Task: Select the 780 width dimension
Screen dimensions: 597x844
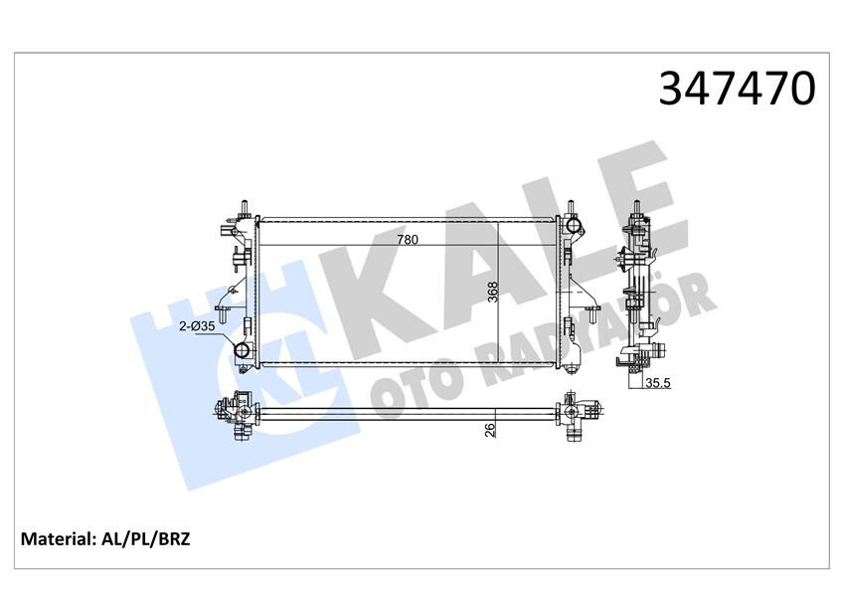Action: click(x=408, y=240)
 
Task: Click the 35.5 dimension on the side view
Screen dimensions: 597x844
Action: click(x=657, y=382)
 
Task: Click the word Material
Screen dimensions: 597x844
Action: click(x=58, y=539)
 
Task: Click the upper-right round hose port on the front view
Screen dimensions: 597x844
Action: click(x=573, y=228)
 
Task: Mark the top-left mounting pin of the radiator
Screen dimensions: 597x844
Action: click(x=242, y=206)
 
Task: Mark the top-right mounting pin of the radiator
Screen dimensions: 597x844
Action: click(x=572, y=207)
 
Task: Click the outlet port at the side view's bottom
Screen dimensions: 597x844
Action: click(x=653, y=353)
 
